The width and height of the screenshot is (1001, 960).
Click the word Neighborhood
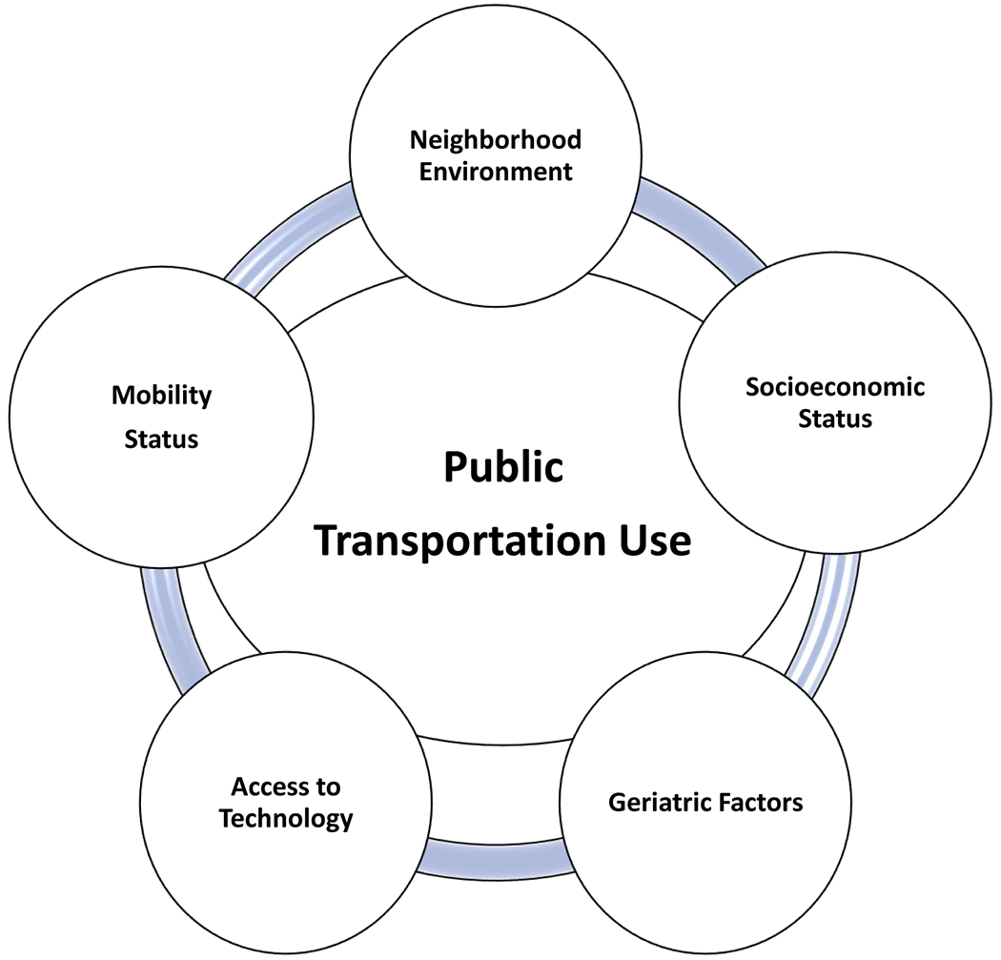(x=495, y=141)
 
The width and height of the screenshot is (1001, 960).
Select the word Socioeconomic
(x=835, y=387)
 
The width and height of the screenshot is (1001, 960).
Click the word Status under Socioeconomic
(x=836, y=418)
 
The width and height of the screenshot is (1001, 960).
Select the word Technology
(x=286, y=818)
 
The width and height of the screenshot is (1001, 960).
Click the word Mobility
(x=161, y=395)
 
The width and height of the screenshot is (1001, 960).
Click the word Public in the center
(x=502, y=469)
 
